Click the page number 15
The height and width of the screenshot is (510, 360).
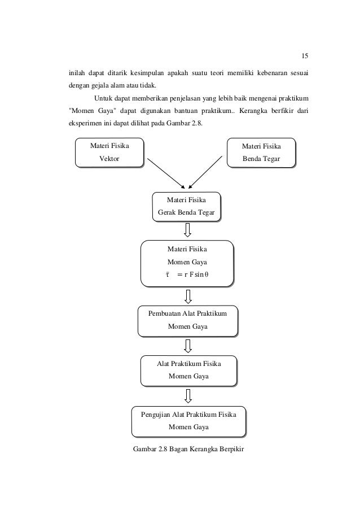click(x=305, y=56)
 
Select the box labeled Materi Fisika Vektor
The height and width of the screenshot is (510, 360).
click(x=109, y=152)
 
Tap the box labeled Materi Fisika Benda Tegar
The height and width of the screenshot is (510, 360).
click(x=261, y=153)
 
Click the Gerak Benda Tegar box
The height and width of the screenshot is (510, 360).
click(x=187, y=207)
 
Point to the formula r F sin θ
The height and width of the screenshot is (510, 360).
click(x=187, y=274)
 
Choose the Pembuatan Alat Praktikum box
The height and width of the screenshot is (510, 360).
click(x=188, y=321)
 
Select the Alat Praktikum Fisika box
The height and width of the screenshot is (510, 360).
click(x=189, y=371)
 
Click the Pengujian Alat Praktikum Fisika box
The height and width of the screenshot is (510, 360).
click(x=189, y=421)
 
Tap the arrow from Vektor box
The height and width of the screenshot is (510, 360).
click(x=166, y=173)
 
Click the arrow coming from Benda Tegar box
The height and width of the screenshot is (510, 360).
click(x=205, y=172)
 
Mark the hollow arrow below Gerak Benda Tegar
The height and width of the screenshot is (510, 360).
click(x=187, y=230)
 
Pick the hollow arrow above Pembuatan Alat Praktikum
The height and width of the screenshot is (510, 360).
click(x=188, y=297)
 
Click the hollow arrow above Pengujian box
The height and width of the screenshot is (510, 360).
click(x=188, y=396)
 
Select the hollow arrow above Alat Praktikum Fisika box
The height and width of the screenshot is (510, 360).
click(x=188, y=346)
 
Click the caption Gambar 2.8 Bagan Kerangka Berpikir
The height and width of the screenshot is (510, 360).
click(x=188, y=449)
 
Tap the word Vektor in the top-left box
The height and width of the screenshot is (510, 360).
click(x=109, y=159)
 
